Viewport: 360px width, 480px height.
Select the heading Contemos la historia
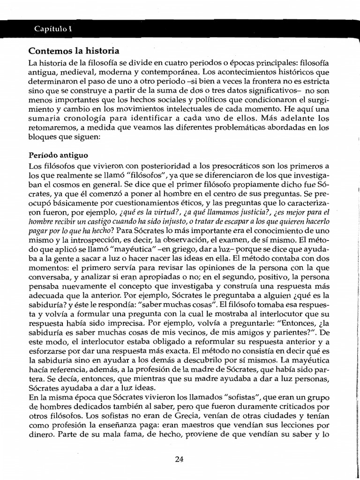[74, 51]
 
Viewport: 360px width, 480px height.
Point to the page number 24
[179, 459]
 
